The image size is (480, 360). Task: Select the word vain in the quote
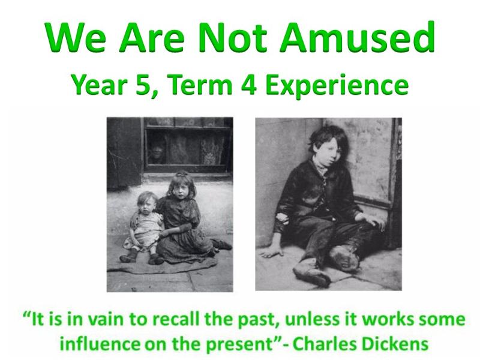(106, 319)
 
